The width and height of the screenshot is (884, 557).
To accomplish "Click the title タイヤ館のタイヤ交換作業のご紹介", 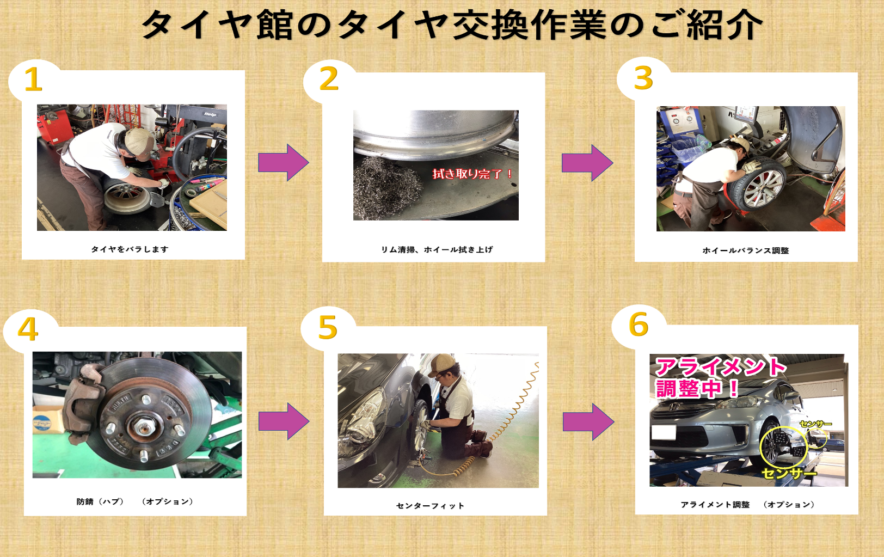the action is pos(452,25).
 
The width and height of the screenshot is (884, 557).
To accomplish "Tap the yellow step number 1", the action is pos(34,79).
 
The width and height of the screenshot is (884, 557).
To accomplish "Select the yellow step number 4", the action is pos(28,328).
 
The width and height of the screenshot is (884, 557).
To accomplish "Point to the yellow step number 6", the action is pos(639,324).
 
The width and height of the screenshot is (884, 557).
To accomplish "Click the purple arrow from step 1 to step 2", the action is pos(284,162).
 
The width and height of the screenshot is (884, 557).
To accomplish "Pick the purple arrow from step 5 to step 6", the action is pos(588,421).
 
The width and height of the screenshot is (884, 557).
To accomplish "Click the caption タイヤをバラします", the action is pos(130,249).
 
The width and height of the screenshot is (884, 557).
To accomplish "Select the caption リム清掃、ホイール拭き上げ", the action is pos(437,249).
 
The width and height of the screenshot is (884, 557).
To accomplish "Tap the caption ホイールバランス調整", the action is pos(746,250).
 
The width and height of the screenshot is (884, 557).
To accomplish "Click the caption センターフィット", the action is pos(430,506).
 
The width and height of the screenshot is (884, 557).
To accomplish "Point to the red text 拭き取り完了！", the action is pos(472,174).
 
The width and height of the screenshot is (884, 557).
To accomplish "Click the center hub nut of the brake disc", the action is pos(140,425).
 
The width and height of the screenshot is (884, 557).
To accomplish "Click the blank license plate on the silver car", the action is pos(664,432).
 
